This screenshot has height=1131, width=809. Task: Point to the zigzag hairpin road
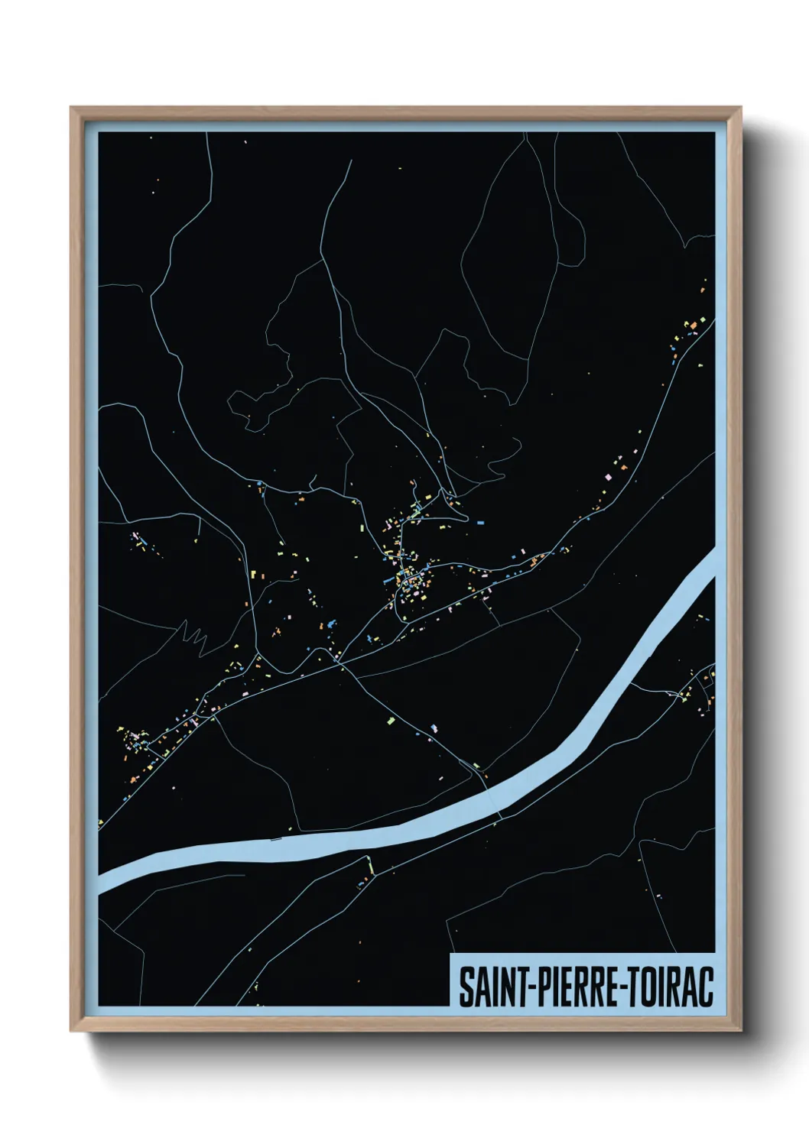pyautogui.click(x=195, y=634)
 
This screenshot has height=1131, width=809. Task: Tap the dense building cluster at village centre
pyautogui.click(x=408, y=581)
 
